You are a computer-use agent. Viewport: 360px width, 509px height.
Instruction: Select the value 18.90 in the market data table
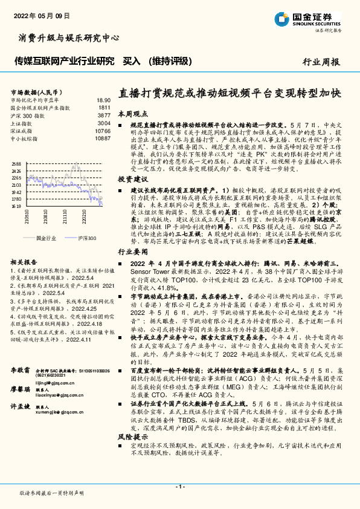coord(103,100)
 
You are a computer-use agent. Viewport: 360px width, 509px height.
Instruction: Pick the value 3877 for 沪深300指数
coord(104,115)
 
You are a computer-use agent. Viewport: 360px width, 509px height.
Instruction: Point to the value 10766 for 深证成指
coord(103,131)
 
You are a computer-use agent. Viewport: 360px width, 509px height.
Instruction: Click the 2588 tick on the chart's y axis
coord(16,164)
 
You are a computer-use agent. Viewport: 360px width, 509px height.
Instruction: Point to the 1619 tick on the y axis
coord(16,206)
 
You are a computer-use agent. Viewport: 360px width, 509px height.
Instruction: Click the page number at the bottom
coord(179,486)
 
